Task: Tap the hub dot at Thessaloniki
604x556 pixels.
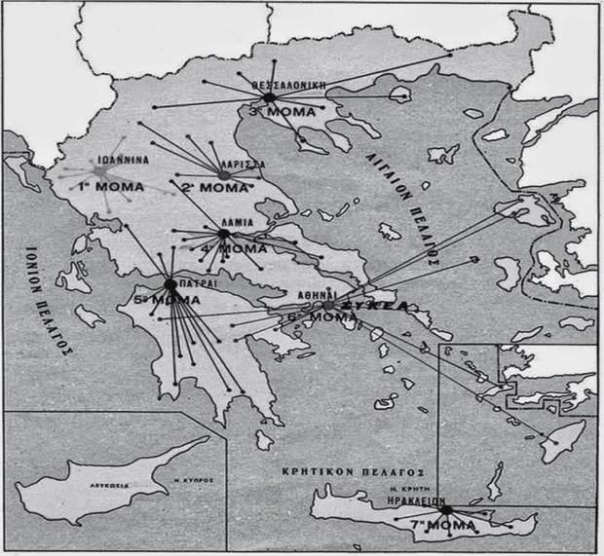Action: (x=270, y=97)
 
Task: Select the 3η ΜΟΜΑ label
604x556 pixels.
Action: (x=283, y=113)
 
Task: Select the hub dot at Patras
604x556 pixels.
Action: (x=170, y=284)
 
